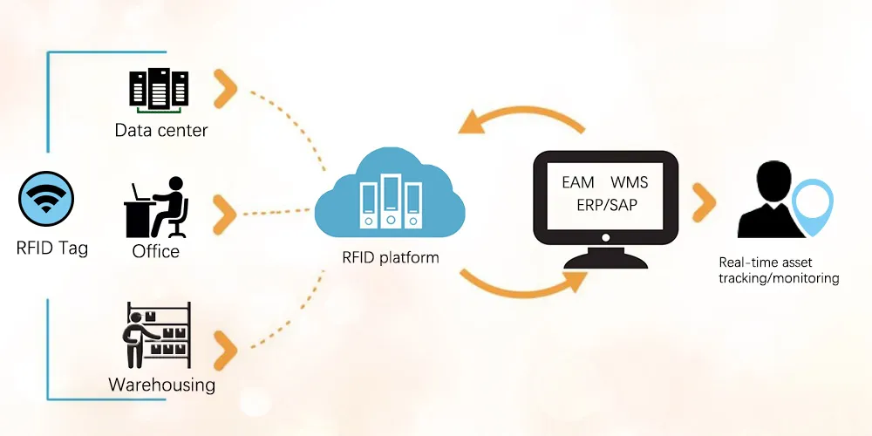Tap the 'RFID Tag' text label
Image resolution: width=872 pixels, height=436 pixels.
click(52, 248)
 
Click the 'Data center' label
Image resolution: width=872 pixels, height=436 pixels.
click(161, 131)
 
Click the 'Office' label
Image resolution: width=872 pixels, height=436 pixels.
click(156, 251)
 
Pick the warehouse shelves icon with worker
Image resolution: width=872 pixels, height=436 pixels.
click(157, 336)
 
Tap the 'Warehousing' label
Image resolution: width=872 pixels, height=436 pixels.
click(161, 385)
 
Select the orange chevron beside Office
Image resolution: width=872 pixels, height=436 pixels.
click(226, 211)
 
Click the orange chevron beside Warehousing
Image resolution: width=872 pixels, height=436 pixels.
click(226, 347)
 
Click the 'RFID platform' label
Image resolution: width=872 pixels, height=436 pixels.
click(391, 257)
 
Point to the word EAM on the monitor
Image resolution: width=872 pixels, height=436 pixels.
click(577, 182)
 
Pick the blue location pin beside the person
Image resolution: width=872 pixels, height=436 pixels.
click(812, 206)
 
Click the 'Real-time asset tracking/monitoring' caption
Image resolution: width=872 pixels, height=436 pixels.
click(778, 270)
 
